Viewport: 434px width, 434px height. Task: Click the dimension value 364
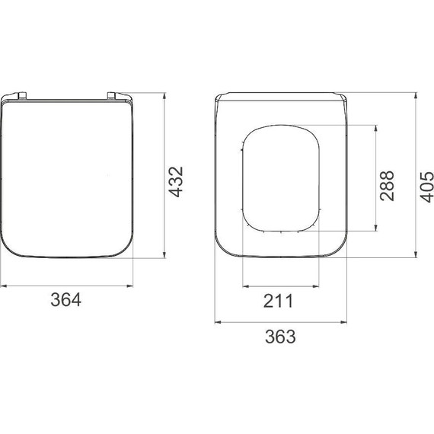coord(66,300)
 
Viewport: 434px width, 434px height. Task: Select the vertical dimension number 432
coord(176,181)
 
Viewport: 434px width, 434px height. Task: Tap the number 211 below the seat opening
coord(278,301)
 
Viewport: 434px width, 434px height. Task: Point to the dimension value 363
coord(280,337)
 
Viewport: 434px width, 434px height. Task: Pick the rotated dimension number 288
coord(387,186)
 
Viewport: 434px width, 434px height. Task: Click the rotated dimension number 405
coord(426,187)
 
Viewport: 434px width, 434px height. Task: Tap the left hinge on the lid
coord(22,95)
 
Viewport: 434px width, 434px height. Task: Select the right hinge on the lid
coord(111,95)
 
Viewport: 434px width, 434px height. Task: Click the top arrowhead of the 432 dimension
coord(164,96)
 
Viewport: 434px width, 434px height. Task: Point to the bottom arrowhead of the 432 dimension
coord(164,254)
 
